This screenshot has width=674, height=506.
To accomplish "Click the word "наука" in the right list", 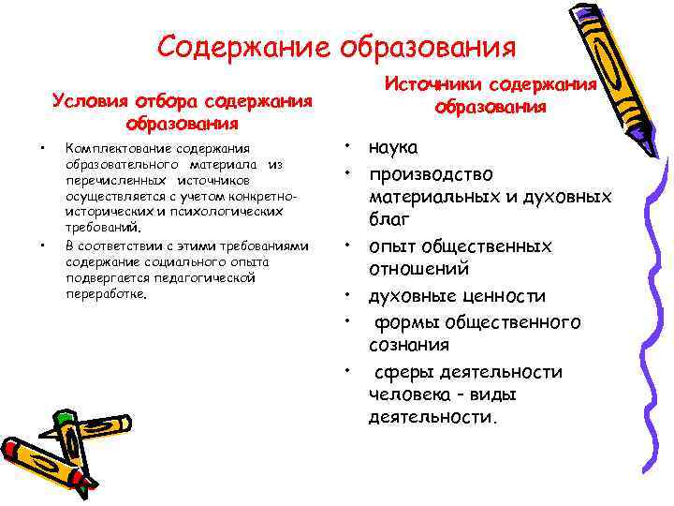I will [x=394, y=148].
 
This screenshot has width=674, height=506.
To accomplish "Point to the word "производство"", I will [x=431, y=174].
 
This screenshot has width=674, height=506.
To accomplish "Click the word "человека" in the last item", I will [x=405, y=394].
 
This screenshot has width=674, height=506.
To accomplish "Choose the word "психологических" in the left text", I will [x=230, y=212].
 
